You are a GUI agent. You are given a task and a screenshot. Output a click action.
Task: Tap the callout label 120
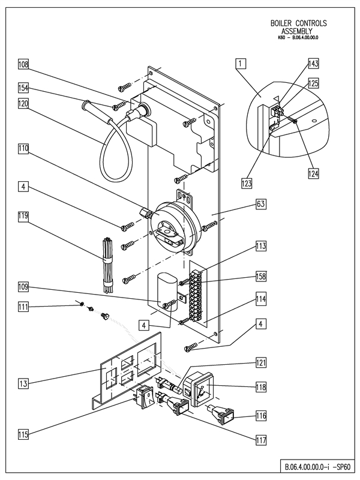[x=23, y=103]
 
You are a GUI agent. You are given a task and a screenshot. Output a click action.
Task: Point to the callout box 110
[x=23, y=148]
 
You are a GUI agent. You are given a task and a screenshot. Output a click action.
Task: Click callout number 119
[x=23, y=214]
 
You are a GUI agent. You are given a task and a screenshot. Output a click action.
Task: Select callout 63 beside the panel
[x=261, y=205]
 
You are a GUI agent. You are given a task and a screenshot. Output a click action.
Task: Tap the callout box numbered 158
[x=261, y=277]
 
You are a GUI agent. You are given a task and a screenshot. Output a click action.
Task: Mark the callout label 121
[x=261, y=363]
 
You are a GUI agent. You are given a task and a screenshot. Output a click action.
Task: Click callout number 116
[x=261, y=415]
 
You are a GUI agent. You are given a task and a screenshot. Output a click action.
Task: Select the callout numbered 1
[x=240, y=63]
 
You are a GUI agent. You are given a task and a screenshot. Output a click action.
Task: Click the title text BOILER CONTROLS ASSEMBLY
[x=299, y=28]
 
